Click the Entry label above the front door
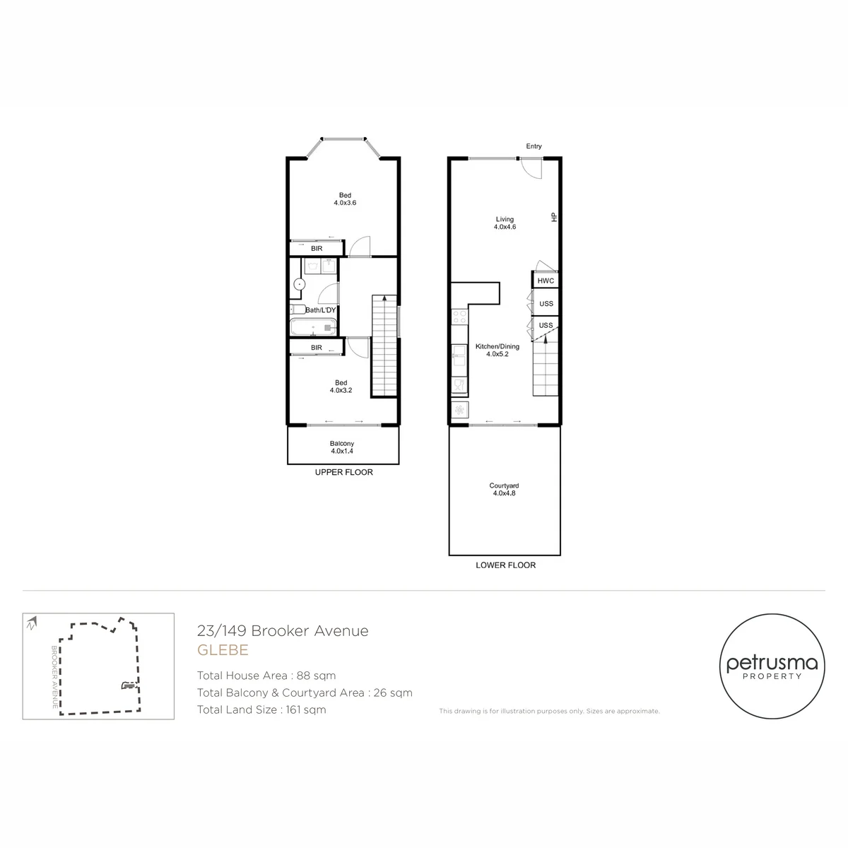[534, 146]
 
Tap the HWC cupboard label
[546, 281]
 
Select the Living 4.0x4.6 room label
[505, 223]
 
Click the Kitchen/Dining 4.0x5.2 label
[497, 351]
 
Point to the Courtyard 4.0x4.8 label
[504, 489]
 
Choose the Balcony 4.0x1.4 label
[342, 447]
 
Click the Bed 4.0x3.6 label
[345, 199]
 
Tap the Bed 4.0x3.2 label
[341, 387]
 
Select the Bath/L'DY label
[320, 310]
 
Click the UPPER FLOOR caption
[343, 472]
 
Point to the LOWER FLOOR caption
[506, 565]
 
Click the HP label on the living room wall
[554, 217]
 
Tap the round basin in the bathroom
[300, 284]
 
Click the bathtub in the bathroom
[313, 328]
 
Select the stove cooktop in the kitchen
[459, 317]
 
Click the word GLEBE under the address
[223, 650]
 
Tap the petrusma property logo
[772, 666]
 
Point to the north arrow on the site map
[32, 623]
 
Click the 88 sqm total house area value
[316, 676]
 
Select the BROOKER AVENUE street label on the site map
[54, 677]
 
